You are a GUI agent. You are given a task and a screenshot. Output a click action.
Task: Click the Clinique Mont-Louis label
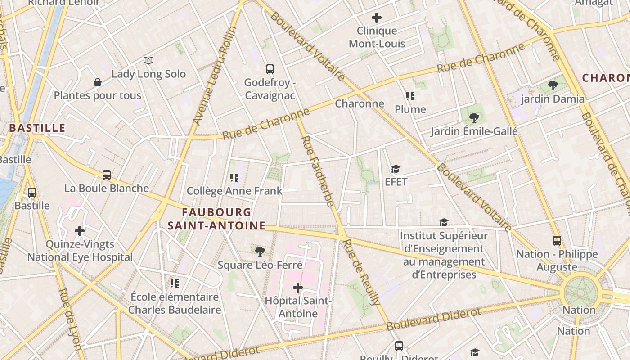point(377,37)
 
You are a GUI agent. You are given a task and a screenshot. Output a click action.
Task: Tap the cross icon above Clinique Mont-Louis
point(377,18)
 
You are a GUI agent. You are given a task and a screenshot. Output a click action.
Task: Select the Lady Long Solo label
point(148,74)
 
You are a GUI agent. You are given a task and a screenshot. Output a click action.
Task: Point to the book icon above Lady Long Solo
point(148,60)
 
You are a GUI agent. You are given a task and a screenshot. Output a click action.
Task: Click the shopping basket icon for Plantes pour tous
point(97,82)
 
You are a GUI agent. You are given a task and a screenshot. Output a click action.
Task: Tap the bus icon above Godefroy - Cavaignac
point(270,69)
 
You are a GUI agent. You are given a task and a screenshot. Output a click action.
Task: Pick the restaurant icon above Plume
point(410,96)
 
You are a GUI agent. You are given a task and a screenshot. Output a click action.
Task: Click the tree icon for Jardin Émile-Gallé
point(474,118)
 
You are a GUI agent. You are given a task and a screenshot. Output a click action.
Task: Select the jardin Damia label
point(553,99)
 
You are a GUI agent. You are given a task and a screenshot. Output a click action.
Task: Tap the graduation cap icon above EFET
point(396,169)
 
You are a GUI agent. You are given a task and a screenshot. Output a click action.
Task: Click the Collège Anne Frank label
point(234,191)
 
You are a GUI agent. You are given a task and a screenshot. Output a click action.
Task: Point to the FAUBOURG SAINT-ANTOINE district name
point(216,219)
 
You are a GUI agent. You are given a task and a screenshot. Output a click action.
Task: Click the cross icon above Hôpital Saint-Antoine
point(297,288)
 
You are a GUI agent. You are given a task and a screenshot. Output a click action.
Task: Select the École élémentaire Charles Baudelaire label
point(175,303)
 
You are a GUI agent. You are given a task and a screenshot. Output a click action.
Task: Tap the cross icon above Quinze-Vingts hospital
point(80,231)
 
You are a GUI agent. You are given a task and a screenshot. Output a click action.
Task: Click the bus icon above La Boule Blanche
point(107,175)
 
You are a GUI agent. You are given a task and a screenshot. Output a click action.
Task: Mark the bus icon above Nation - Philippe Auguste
point(557,241)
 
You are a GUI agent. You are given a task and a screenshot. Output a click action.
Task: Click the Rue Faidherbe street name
point(318,171)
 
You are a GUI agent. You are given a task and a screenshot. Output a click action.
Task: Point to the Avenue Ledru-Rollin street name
point(215,76)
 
